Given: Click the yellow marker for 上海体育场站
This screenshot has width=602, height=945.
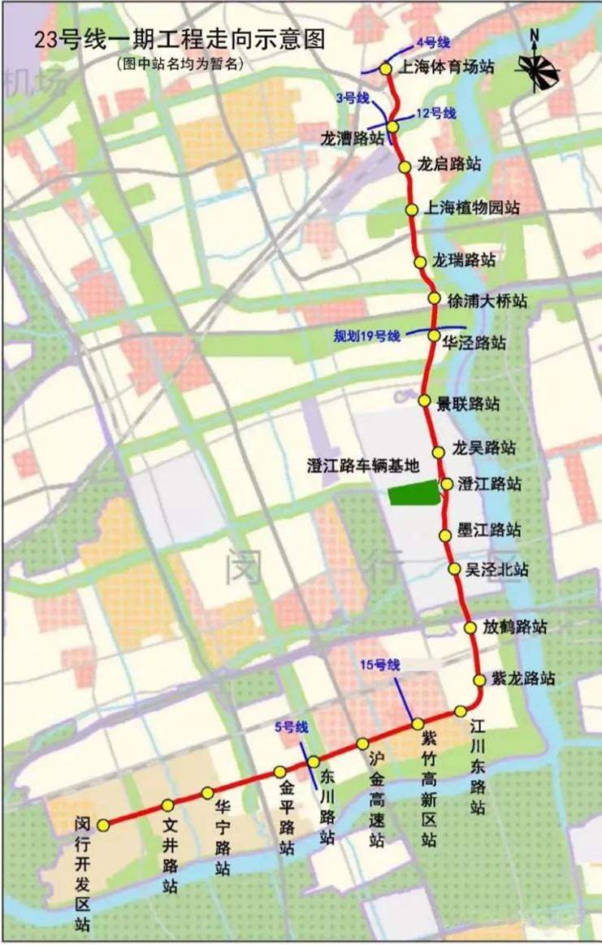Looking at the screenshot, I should click(x=386, y=68).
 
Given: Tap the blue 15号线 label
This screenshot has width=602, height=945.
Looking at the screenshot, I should click(x=381, y=665).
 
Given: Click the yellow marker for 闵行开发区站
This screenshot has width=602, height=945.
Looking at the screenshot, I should click(x=103, y=825).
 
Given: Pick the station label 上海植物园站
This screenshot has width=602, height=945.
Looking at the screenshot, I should click(x=474, y=208).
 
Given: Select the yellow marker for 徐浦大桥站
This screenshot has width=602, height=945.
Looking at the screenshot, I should click(x=433, y=298).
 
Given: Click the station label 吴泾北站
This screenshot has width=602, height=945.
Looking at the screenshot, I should click(x=496, y=570).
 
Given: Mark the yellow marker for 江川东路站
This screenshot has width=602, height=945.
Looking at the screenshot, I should click(x=461, y=711).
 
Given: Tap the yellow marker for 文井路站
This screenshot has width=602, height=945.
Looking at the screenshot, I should click(x=167, y=805).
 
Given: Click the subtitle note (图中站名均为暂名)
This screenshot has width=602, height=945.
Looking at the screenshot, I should click(x=179, y=64).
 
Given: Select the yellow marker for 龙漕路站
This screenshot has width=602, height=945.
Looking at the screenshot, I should click(x=392, y=127).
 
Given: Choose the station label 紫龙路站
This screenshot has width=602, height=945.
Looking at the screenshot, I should click(x=523, y=678).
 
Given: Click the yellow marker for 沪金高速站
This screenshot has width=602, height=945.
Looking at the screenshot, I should click(x=362, y=743).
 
